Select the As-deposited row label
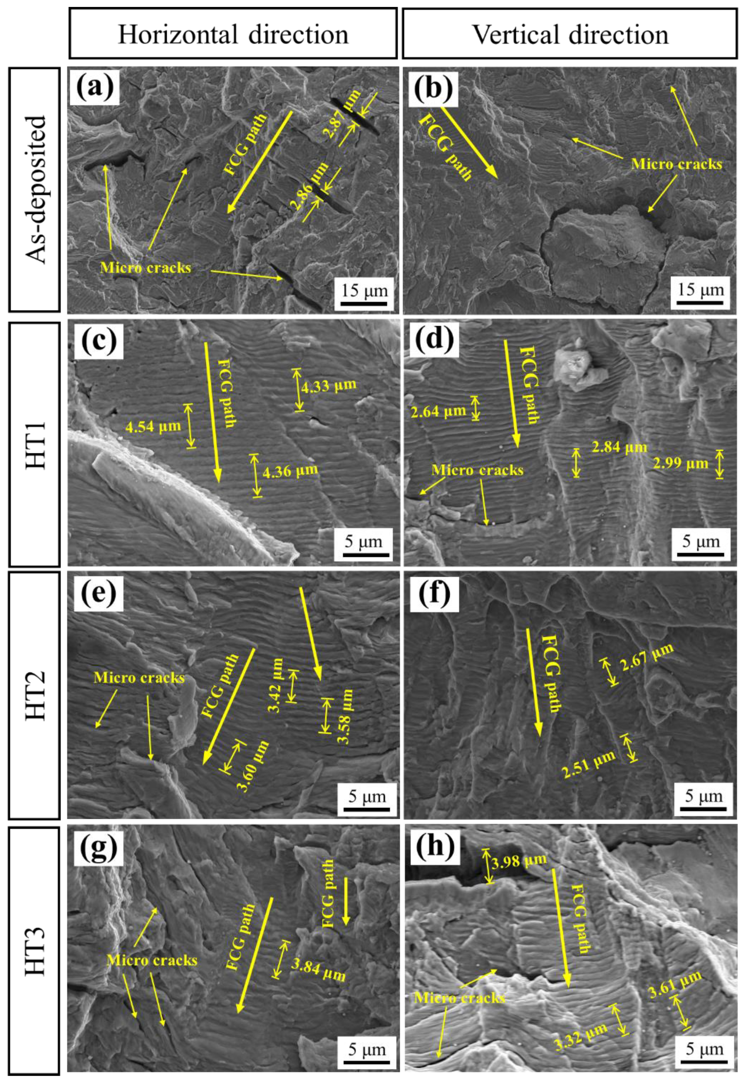click(x=35, y=190)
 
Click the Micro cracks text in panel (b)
click(x=676, y=164)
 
